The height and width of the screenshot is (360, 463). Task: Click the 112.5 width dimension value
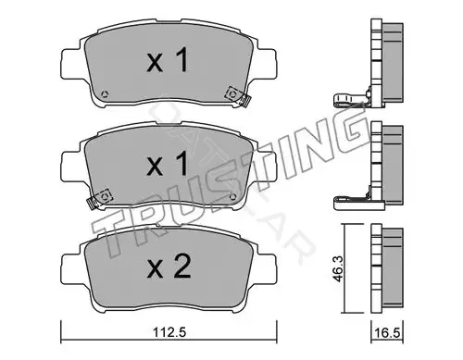169,332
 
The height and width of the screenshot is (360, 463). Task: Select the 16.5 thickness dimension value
388,333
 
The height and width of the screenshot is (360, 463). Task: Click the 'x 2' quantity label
169,267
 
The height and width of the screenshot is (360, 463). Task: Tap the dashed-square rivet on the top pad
232,93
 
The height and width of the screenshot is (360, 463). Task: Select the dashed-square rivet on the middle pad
105,195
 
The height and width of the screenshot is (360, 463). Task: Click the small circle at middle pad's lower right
233,196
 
